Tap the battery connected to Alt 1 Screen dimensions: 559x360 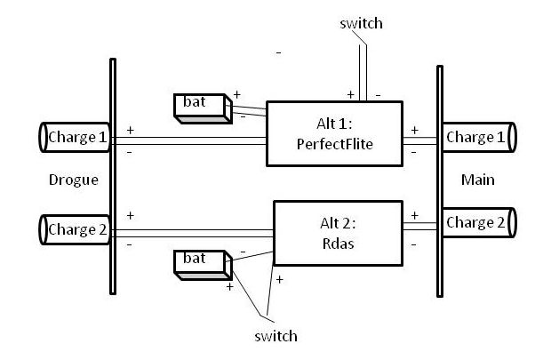point(204,108)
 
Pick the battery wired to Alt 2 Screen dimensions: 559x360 point(204,265)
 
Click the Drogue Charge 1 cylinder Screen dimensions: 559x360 point(74,137)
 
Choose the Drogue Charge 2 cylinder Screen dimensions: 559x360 point(74,229)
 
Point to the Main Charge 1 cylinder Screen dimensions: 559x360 point(479,137)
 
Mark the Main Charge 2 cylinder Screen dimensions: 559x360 point(479,222)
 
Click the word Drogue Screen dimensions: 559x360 point(74,180)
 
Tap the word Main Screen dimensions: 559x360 point(478,180)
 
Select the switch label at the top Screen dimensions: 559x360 point(361,23)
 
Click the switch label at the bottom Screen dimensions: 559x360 point(276,336)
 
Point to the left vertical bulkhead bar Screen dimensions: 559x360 point(113,176)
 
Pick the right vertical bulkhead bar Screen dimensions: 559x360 point(440,181)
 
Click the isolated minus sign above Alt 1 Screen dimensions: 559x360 point(278,53)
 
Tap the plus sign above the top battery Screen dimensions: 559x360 point(236,94)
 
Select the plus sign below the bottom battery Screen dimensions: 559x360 point(229,286)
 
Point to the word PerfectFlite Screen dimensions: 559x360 point(335,144)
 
